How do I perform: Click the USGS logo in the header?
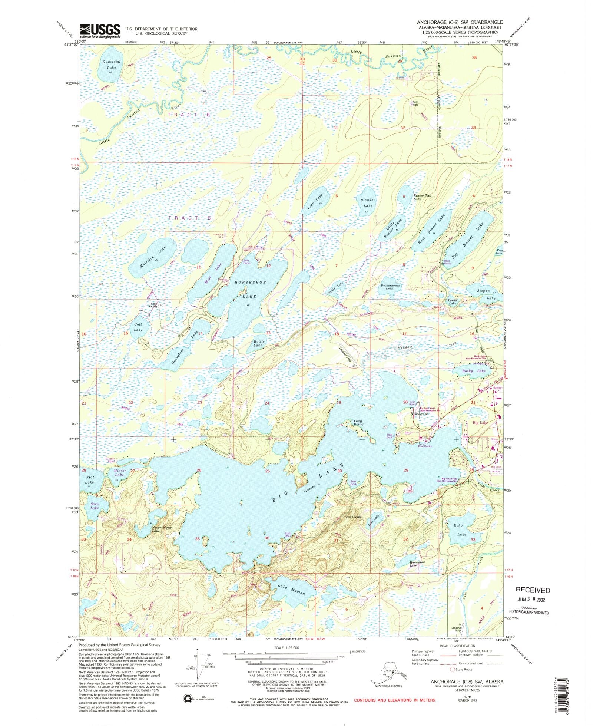click(100, 31)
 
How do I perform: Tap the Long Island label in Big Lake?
click(358, 423)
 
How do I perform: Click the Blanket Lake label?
click(368, 203)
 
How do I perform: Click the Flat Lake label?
click(89, 480)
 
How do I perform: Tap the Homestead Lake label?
click(417, 563)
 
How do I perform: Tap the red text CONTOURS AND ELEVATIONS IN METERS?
click(394, 700)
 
